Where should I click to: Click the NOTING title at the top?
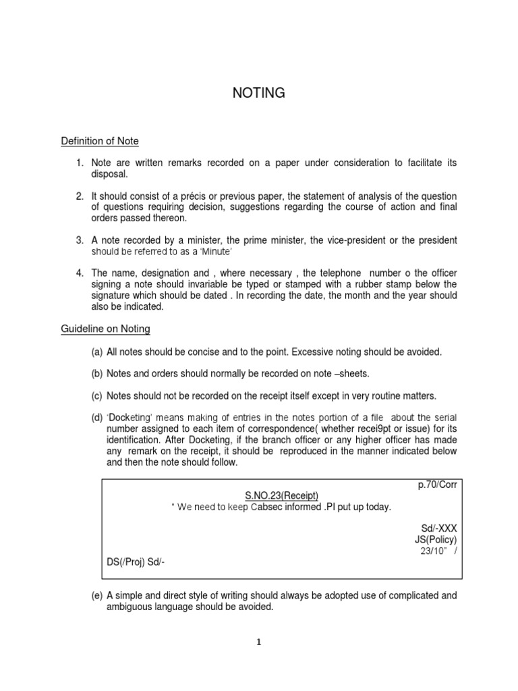click(258, 93)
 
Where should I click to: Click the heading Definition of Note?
click(100, 141)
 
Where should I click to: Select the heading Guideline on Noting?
click(106, 329)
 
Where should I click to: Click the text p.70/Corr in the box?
click(438, 485)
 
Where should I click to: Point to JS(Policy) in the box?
click(436, 540)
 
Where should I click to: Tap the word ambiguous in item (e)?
click(130, 607)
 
